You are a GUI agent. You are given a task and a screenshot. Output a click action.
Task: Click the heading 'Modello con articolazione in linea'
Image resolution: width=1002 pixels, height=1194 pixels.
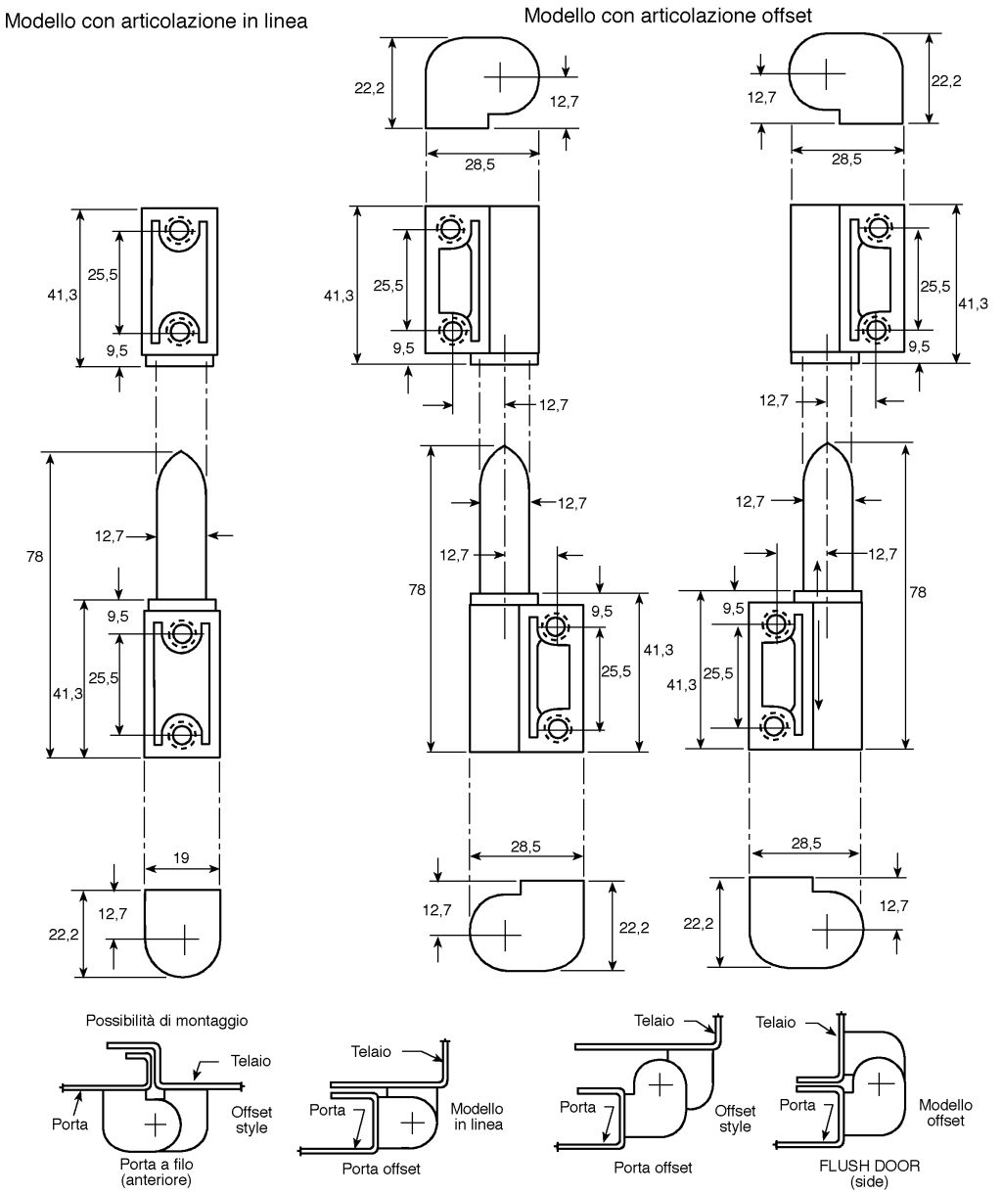(156, 22)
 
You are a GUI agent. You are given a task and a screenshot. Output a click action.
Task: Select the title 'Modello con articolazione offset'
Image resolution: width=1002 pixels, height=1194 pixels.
(667, 15)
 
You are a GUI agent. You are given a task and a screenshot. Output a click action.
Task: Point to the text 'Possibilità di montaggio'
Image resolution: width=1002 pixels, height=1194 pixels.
(166, 1020)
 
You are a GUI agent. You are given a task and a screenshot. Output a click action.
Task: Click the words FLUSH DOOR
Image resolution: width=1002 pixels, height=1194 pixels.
(869, 1166)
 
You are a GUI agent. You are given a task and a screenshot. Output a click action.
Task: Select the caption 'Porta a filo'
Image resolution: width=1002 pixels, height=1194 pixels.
(157, 1164)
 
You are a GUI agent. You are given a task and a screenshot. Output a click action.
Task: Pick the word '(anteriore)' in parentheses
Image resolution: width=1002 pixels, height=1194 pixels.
(157, 1179)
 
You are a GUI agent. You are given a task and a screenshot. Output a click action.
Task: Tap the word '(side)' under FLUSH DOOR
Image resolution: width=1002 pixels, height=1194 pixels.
(869, 1181)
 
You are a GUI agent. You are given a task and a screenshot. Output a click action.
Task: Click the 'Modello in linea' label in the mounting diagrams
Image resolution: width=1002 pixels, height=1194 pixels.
(477, 1117)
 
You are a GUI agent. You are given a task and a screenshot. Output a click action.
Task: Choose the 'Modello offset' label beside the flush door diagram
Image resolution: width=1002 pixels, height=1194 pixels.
(945, 1112)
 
